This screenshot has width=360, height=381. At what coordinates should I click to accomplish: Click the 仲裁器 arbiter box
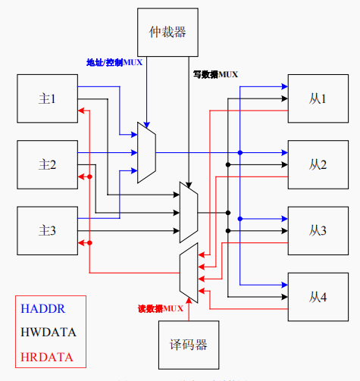pyautogui.click(x=167, y=31)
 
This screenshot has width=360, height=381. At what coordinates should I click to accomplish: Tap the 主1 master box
pyautogui.click(x=47, y=98)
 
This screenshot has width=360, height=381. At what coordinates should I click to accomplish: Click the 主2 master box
pyautogui.click(x=47, y=164)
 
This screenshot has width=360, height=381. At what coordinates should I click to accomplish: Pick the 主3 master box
pyautogui.click(x=47, y=230)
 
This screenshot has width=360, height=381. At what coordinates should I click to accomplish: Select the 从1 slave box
pyautogui.click(x=317, y=98)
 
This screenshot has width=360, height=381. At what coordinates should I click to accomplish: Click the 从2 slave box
pyautogui.click(x=317, y=164)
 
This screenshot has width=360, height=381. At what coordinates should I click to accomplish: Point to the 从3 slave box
pyautogui.click(x=317, y=230)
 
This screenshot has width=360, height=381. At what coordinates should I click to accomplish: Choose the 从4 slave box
pyautogui.click(x=317, y=296)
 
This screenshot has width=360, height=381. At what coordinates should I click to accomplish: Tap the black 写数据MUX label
pyautogui.click(x=216, y=73)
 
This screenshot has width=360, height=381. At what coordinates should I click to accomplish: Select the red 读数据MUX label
pyautogui.click(x=161, y=309)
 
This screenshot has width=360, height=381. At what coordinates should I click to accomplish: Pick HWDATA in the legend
pyautogui.click(x=49, y=332)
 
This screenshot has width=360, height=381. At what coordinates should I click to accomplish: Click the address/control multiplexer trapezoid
pyautogui.click(x=146, y=151)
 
